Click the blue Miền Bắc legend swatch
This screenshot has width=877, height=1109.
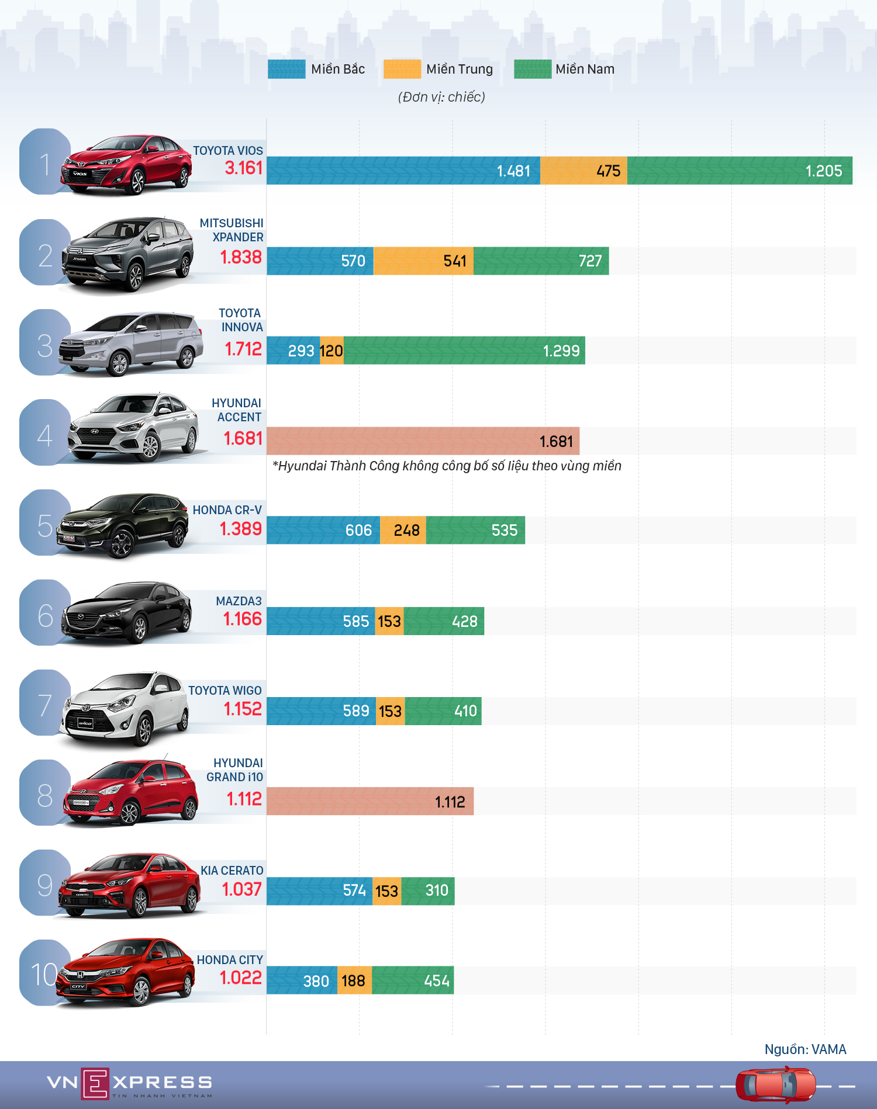[286, 69]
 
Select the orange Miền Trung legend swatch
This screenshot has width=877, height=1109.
[402, 69]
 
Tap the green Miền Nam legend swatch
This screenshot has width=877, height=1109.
[532, 69]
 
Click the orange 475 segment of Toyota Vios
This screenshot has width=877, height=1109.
[583, 171]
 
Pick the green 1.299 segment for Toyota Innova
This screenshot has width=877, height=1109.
[464, 351]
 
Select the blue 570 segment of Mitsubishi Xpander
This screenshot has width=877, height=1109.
[320, 261]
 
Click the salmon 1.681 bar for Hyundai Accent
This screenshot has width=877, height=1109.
[423, 441]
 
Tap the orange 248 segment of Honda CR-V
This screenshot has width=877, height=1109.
[403, 530]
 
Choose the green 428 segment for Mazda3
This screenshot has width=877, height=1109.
[444, 621]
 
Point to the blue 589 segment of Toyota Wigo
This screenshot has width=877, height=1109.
[321, 711]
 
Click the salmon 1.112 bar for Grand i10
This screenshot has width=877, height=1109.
[370, 801]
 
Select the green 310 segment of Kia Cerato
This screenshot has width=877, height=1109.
[428, 890]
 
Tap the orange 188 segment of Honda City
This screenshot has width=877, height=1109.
[354, 980]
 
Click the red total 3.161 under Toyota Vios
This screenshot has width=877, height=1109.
[244, 168]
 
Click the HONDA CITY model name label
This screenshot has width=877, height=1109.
[230, 960]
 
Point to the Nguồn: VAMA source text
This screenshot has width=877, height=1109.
[805, 1049]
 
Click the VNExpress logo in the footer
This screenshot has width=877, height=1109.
[129, 1084]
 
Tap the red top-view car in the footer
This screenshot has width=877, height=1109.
[775, 1085]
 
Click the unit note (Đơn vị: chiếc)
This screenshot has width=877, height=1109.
[441, 97]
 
